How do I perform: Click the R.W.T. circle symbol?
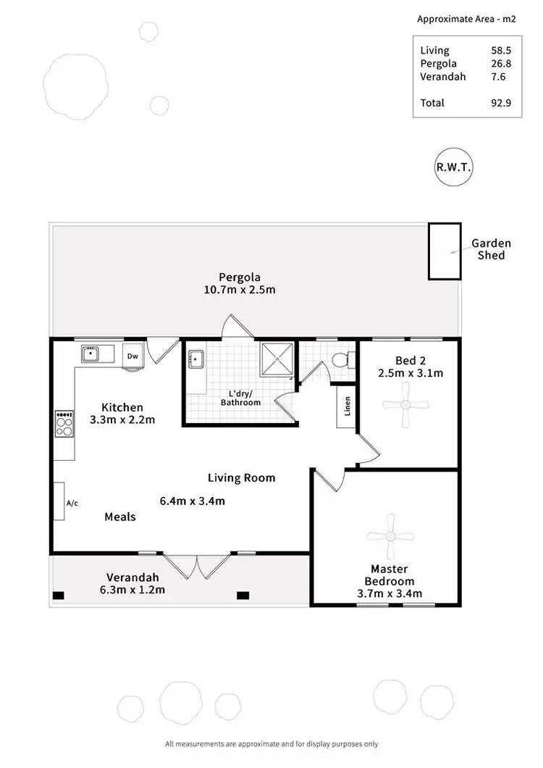tap(454, 166)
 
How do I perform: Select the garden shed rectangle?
tap(443, 251)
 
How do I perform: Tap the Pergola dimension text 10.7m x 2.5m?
tap(240, 289)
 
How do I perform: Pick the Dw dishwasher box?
tap(132, 356)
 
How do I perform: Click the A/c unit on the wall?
tap(59, 501)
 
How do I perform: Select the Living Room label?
tap(241, 477)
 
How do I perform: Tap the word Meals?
tap(120, 517)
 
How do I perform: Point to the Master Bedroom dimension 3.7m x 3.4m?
tap(390, 594)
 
